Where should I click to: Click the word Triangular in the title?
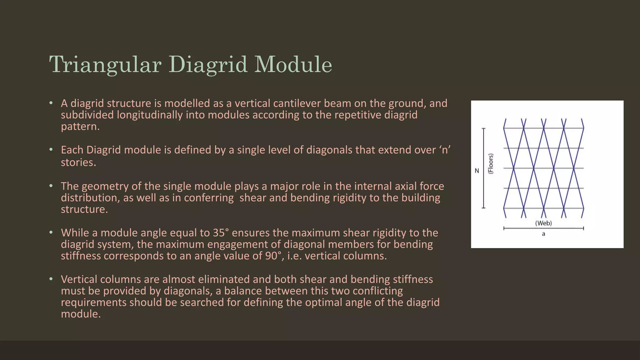point(105,65)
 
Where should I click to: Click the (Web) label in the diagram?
point(543,223)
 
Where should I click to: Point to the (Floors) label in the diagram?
point(491,164)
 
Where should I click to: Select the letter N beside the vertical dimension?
point(477,171)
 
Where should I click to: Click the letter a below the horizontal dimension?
point(543,234)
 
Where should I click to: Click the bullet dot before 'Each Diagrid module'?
point(51,150)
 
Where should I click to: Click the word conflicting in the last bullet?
point(378,291)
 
